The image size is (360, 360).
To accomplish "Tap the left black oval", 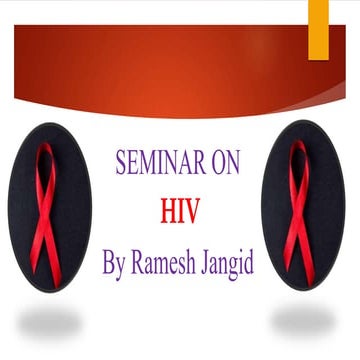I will pos(48,206).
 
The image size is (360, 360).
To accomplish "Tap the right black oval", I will pos(303,206).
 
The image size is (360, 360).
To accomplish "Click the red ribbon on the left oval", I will pos(45,215).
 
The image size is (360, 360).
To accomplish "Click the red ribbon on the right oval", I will pos(298,215).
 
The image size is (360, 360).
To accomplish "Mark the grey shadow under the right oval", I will pos(303,320).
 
